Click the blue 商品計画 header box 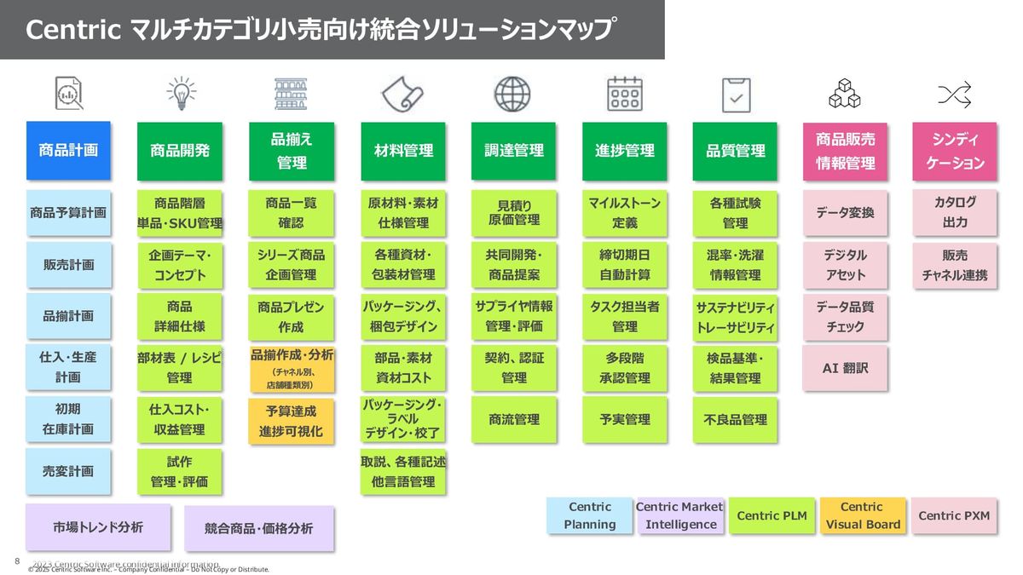(x=68, y=151)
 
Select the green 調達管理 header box (x=513, y=151)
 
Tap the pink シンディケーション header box (x=954, y=151)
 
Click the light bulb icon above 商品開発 (x=180, y=93)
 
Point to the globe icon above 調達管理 (x=512, y=93)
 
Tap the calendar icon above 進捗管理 (x=624, y=93)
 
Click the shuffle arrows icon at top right (x=954, y=94)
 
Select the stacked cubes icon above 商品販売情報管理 (x=844, y=94)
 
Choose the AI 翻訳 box (x=845, y=369)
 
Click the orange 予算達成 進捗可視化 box (x=291, y=421)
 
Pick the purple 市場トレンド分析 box (x=97, y=527)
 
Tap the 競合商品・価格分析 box (x=258, y=528)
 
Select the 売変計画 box (x=68, y=471)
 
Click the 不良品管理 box (x=735, y=419)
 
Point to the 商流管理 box (x=513, y=419)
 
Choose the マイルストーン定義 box (x=624, y=213)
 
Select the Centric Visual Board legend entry (x=862, y=515)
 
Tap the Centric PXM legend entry (x=954, y=515)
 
